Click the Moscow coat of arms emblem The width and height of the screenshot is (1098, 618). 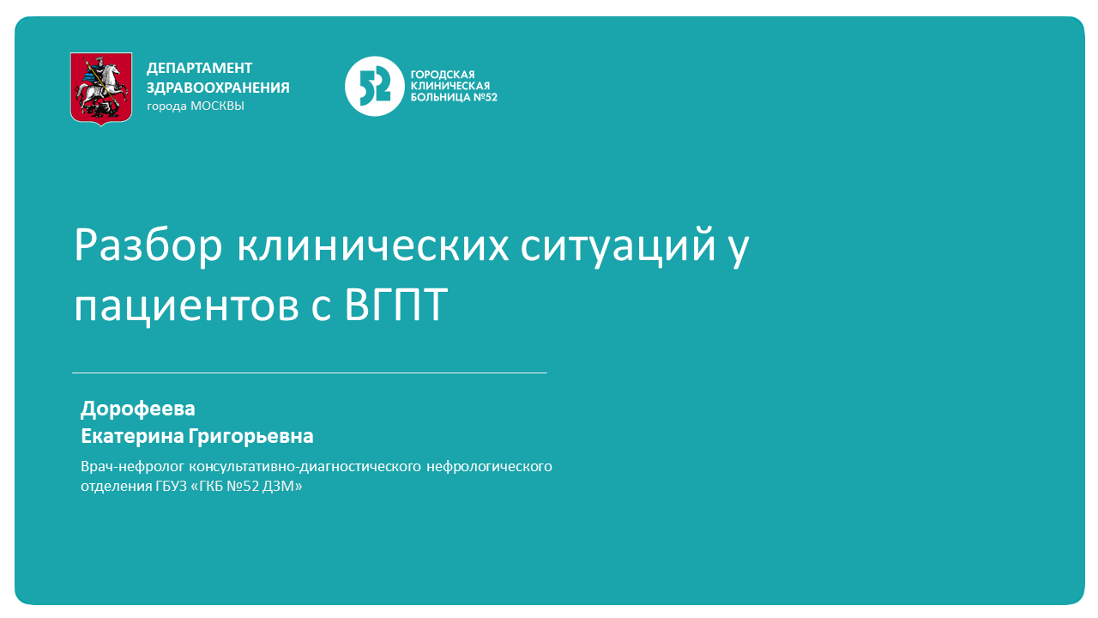tap(101, 88)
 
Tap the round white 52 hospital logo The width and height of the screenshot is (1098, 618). tap(374, 86)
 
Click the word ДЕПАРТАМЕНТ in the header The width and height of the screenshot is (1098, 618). tap(200, 68)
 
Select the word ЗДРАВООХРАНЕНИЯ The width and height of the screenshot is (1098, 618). tap(218, 88)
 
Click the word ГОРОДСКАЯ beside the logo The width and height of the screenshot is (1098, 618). tap(443, 75)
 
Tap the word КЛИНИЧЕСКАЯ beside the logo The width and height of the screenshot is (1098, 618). tap(450, 86)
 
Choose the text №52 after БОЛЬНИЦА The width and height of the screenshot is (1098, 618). tap(486, 97)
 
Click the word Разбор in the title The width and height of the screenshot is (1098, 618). tap(147, 246)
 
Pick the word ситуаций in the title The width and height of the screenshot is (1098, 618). tap(618, 246)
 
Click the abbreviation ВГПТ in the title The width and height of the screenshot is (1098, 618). tap(397, 306)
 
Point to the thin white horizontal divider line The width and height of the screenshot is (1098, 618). tap(309, 373)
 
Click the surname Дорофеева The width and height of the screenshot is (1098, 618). tap(138, 409)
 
